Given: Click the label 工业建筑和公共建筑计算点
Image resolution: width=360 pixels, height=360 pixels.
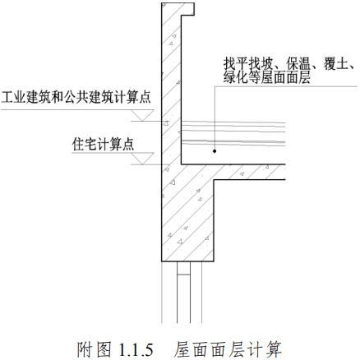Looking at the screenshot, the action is pyautogui.click(x=76, y=97).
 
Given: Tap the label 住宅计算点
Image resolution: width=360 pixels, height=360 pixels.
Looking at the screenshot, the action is pyautogui.click(x=103, y=144).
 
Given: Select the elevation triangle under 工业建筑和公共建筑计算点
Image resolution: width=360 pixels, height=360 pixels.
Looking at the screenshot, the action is pyautogui.click(x=142, y=115).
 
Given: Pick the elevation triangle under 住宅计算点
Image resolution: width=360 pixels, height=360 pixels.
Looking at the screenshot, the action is pyautogui.click(x=142, y=159).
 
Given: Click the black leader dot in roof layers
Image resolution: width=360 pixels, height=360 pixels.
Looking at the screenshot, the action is pyautogui.click(x=215, y=151).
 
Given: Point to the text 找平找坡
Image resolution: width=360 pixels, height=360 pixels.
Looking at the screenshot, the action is pyautogui.click(x=248, y=65).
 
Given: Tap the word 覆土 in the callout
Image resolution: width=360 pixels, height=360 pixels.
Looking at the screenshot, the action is pyautogui.click(x=335, y=65).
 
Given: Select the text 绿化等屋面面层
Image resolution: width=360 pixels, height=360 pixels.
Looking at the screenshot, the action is pyautogui.click(x=267, y=77).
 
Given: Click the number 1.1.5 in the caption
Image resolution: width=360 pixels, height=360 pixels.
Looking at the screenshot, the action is pyautogui.click(x=136, y=348).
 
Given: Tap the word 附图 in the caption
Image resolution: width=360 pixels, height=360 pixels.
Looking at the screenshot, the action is pyautogui.click(x=94, y=348).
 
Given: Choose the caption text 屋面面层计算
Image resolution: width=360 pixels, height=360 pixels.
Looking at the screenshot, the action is pyautogui.click(x=228, y=348).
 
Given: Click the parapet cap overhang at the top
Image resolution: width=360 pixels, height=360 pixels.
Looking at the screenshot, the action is pyautogui.click(x=187, y=9).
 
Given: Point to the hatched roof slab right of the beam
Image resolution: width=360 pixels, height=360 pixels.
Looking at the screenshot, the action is pyautogui.click(x=250, y=172).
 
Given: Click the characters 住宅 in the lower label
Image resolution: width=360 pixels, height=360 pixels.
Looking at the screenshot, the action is pyautogui.click(x=85, y=144).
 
